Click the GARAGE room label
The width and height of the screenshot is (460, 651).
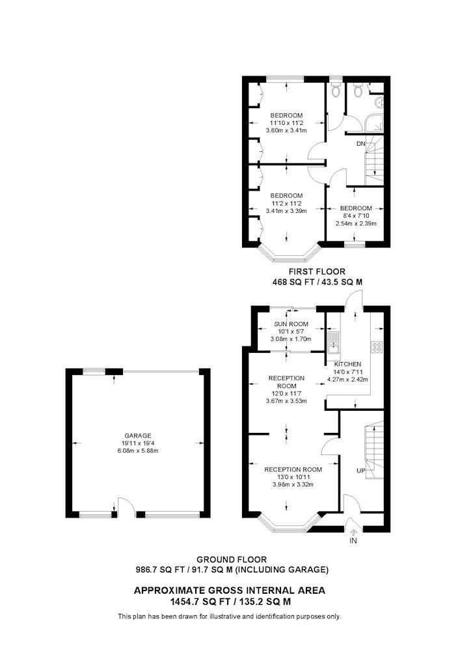pos(138,436)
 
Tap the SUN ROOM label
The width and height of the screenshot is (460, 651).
pos(291,324)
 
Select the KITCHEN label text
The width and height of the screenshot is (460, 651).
pos(347,364)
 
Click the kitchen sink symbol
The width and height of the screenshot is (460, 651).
pos(334,342)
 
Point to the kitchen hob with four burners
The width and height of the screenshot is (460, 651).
pos(377,347)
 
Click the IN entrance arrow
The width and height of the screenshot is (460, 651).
pos(353,531)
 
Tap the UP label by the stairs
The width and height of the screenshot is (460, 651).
pos(361,471)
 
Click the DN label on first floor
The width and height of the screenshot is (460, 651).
pos(361,144)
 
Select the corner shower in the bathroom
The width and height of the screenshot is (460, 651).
pos(373,123)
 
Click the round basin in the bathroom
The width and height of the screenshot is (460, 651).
pos(379,102)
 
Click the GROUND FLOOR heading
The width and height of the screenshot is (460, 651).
pos(232,560)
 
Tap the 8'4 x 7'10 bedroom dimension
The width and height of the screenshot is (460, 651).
pos(356,216)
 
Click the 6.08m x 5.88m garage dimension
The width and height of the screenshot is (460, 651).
pos(138,450)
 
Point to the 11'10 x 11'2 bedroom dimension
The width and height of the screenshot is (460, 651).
pos(286,123)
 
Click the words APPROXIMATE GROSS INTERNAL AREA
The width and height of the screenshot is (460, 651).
pos(230,590)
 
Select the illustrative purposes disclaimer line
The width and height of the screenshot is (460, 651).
pos(230,616)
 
